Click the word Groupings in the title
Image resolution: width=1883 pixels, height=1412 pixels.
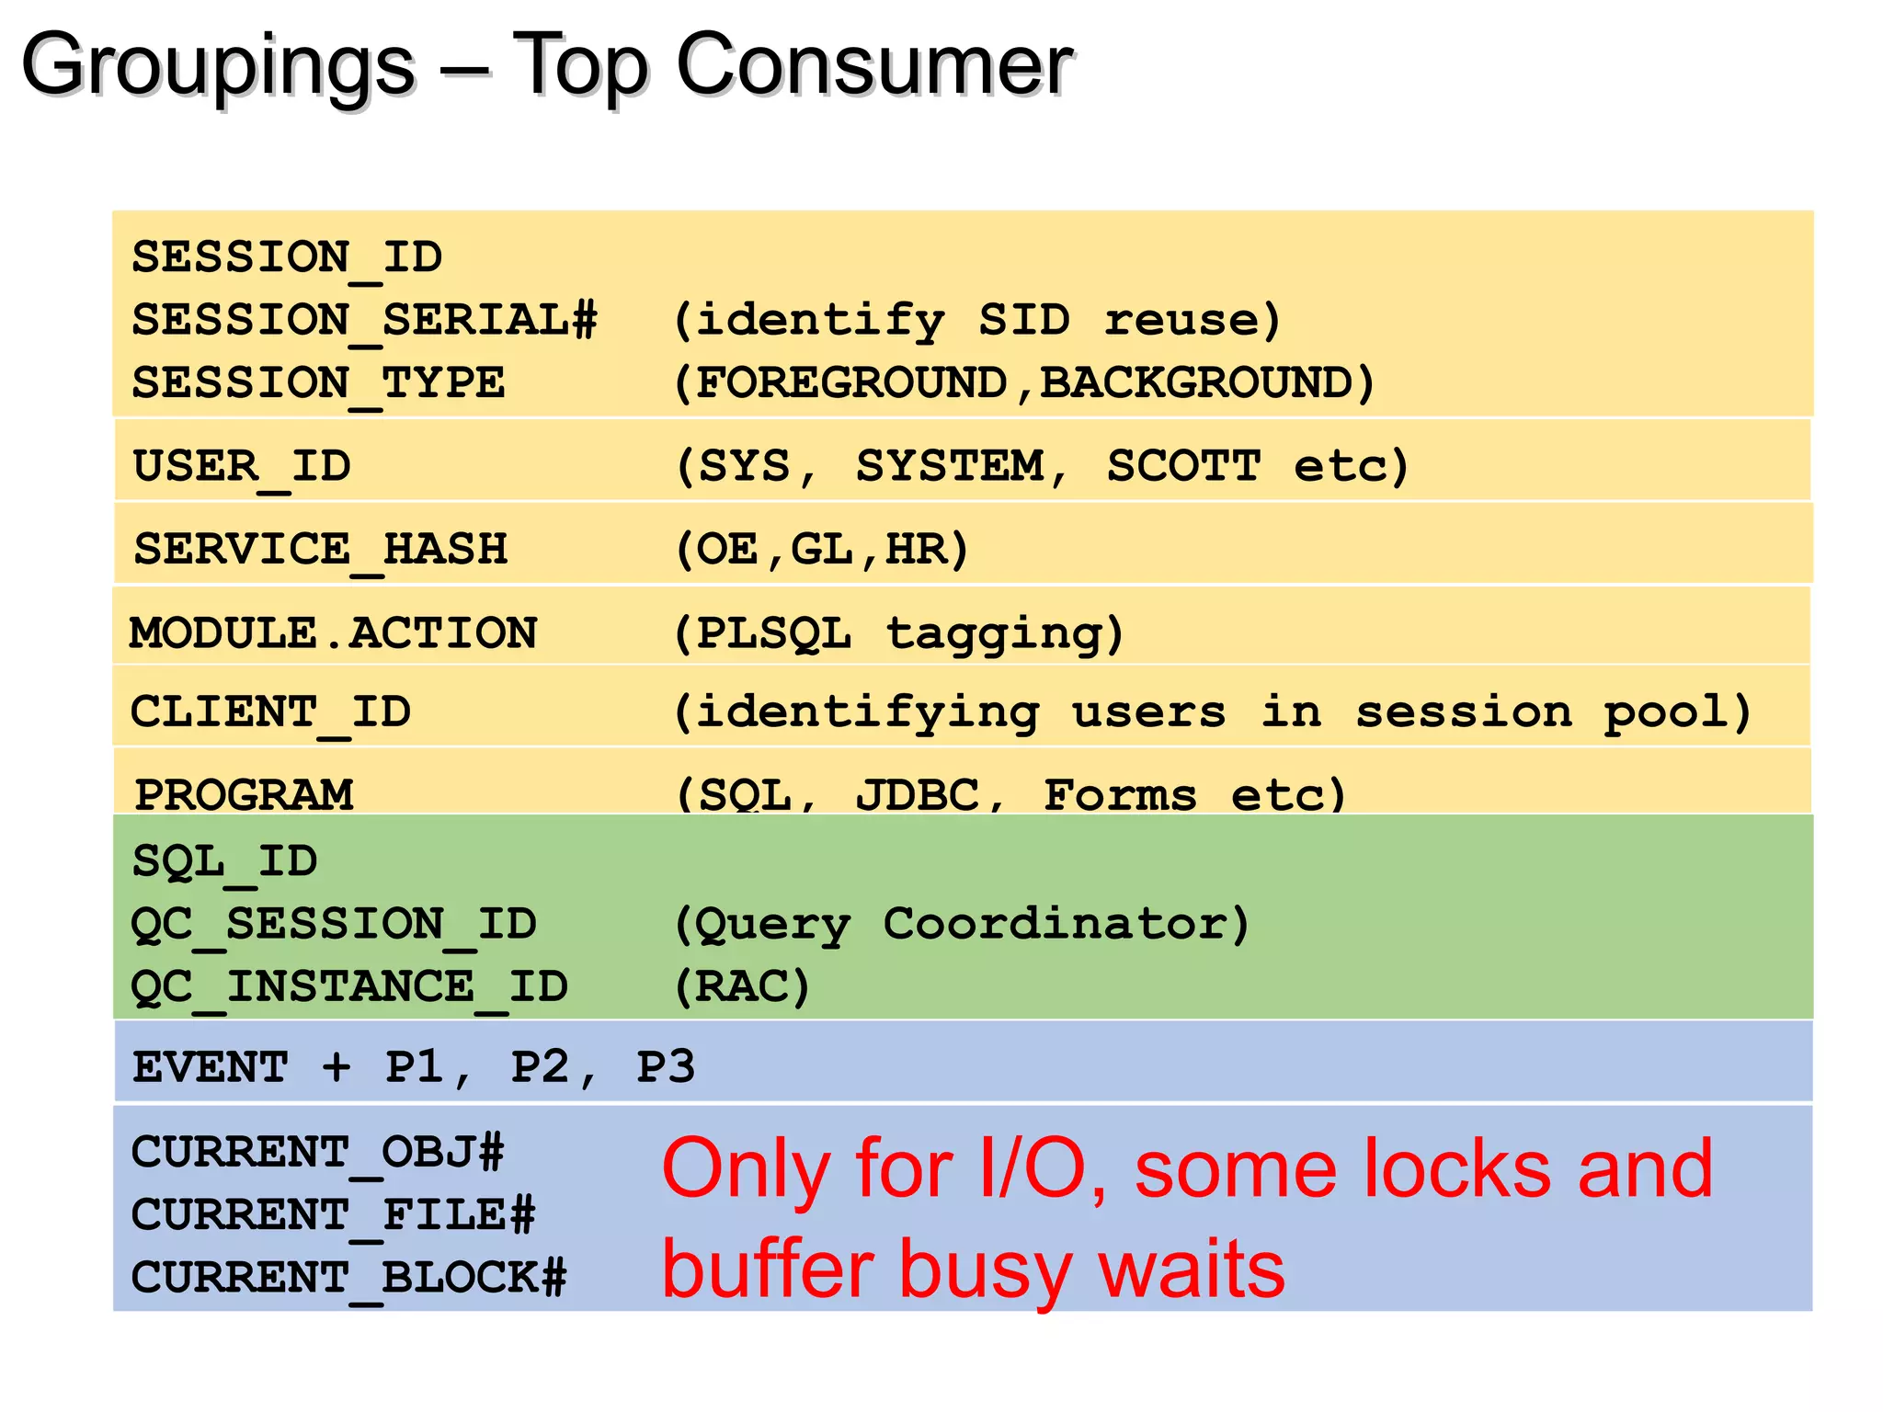[219, 66]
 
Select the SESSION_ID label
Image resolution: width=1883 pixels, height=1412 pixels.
[287, 256]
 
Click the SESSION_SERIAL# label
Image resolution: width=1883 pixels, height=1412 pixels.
[364, 320]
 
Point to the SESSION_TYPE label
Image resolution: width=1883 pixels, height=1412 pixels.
[318, 382]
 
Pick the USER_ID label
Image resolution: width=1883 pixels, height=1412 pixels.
[242, 465]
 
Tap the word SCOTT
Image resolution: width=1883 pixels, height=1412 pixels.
[1183, 465]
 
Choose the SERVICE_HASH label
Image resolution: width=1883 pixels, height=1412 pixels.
[320, 549]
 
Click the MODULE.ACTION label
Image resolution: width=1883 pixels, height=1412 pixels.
[333, 632]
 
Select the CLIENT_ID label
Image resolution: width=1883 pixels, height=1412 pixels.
[270, 712]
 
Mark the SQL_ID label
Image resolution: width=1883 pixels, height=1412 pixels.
[224, 861]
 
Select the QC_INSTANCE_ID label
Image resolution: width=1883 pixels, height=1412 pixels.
[349, 986]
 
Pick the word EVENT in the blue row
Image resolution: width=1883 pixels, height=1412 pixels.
[210, 1067]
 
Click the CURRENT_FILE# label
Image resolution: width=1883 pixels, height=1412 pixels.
[333, 1214]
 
